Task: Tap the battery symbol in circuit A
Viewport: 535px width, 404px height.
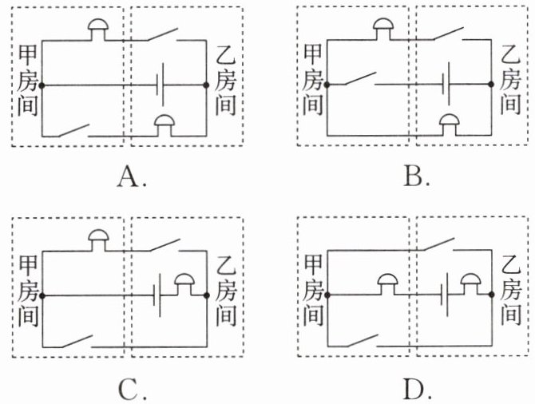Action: pos(163,83)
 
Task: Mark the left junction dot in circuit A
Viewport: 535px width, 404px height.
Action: pos(42,84)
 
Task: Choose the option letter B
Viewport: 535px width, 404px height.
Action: pos(415,176)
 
